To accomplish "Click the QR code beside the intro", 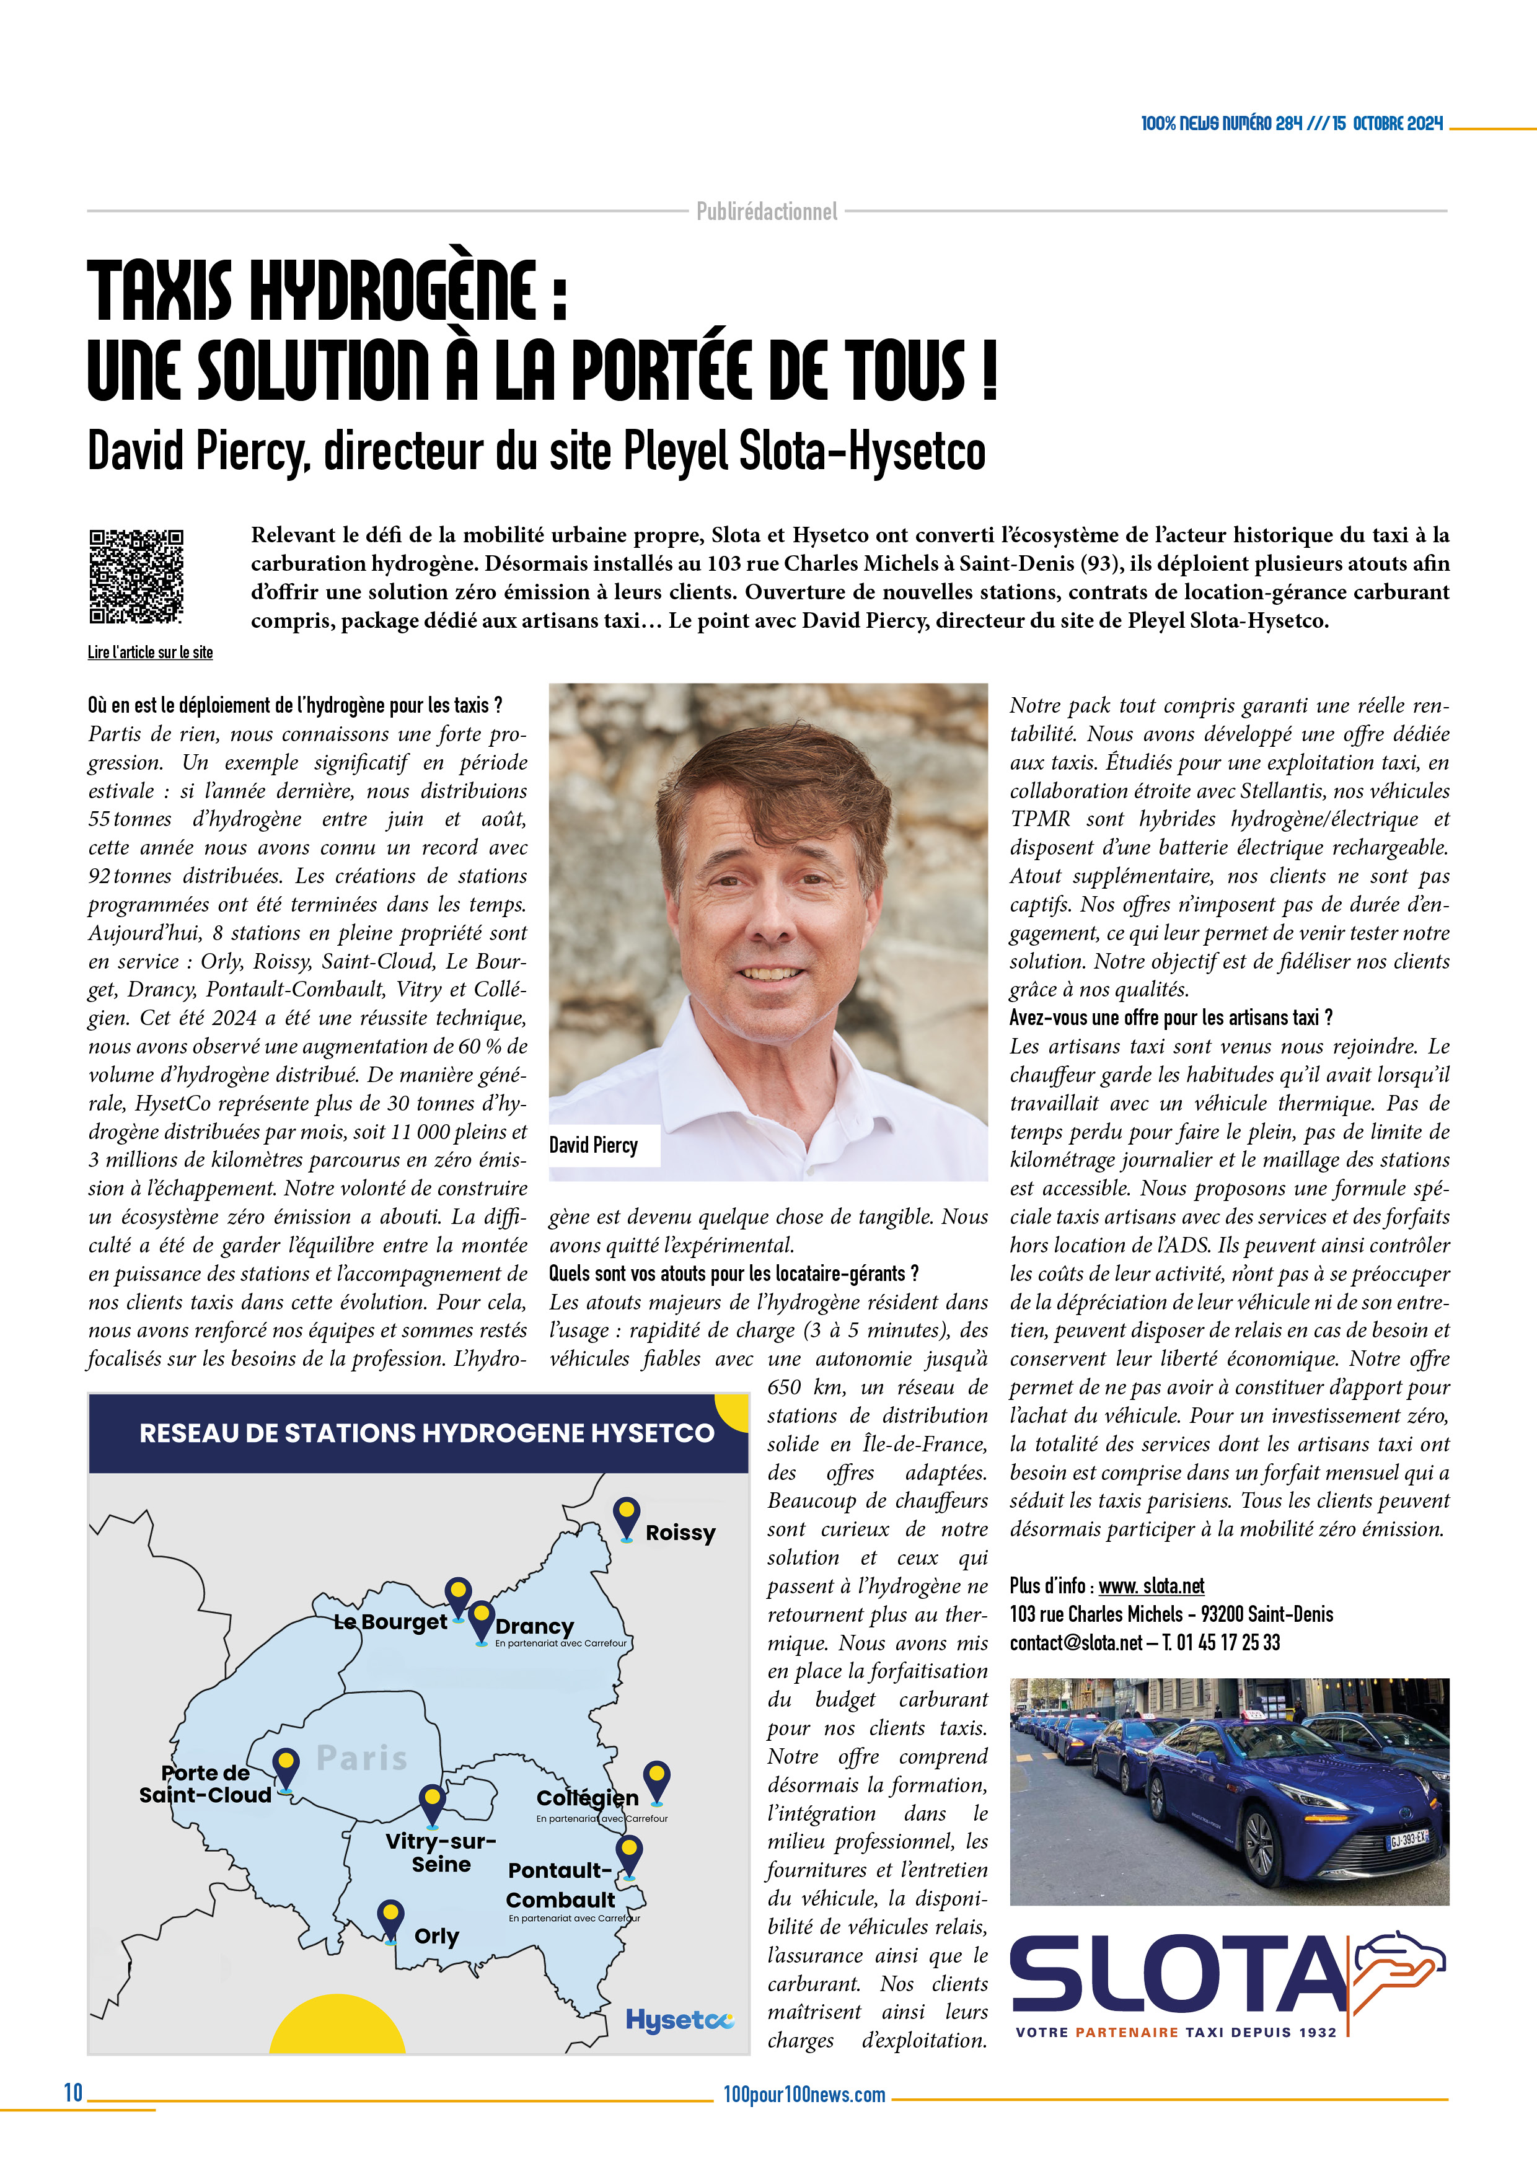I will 136,576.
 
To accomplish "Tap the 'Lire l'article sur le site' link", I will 149,653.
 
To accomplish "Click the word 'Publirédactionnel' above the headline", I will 767,211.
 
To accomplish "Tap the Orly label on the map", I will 436,1937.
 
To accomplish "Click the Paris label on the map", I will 362,1758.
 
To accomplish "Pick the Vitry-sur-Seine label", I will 441,1852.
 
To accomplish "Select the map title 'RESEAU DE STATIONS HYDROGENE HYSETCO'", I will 426,1433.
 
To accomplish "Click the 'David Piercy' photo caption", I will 594,1145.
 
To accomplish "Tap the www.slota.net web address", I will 1151,1586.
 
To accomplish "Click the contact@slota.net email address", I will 1076,1643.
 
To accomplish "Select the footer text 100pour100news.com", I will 804,2095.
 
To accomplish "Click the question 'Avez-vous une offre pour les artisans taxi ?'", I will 1171,1018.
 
